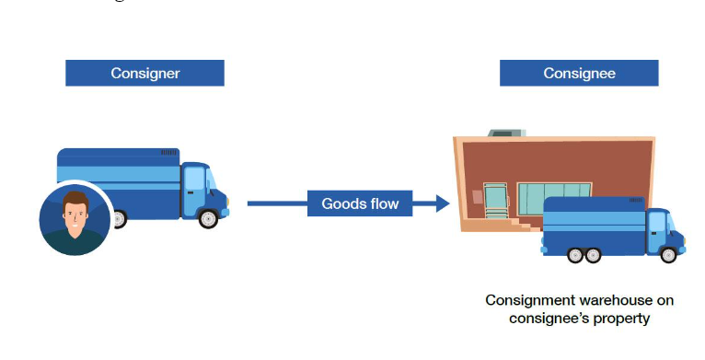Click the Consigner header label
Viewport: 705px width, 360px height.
144,73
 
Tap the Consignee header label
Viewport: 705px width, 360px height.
579,73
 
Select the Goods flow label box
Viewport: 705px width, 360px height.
360,203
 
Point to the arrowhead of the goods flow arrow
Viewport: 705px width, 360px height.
443,203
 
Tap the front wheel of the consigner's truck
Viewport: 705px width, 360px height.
208,218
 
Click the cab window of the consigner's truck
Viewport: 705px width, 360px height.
195,179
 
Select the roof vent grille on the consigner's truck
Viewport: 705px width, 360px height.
168,153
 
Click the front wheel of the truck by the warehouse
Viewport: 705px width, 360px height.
668,255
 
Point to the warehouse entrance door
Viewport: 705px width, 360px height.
496,201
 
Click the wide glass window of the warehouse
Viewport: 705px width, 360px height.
554,199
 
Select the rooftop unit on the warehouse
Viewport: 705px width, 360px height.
507,133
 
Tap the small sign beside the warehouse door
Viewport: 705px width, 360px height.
477,197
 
